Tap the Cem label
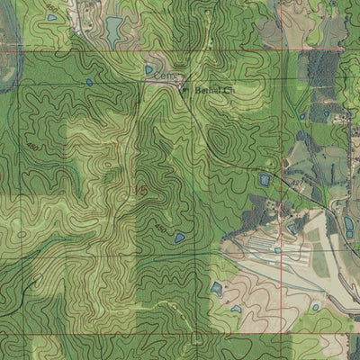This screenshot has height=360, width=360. click(162, 77)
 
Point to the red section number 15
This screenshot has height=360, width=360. click(139, 190)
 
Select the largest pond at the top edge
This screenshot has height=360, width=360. click(113, 29)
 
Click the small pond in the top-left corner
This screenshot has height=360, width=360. click(51, 17)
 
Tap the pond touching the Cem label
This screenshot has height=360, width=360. click(149, 69)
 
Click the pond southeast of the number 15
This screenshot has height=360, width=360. click(180, 238)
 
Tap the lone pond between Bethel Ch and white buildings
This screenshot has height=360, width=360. click(265, 180)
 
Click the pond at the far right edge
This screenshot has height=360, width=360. click(349, 225)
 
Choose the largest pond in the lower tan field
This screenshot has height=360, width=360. click(216, 289)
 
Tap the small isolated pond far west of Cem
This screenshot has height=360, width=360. click(89, 83)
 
